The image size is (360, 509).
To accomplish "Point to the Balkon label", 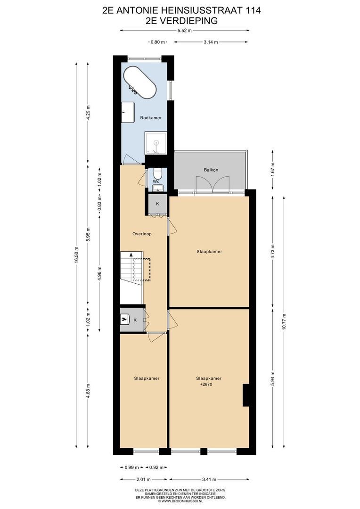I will pyautogui.click(x=211, y=170).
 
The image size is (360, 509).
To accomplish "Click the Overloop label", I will pyautogui.click(x=142, y=234).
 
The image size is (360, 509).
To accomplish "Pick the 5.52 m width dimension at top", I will pyautogui.click(x=184, y=31).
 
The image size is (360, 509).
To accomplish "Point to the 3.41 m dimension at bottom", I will pyautogui.click(x=209, y=479).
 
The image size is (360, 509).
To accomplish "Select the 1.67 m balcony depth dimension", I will pyautogui.click(x=273, y=169).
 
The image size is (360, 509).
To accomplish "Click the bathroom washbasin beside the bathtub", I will pyautogui.click(x=129, y=113).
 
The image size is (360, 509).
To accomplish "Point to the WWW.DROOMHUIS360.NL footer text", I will pyautogui.click(x=180, y=501).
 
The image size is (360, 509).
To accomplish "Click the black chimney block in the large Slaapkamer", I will pyautogui.click(x=246, y=395).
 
